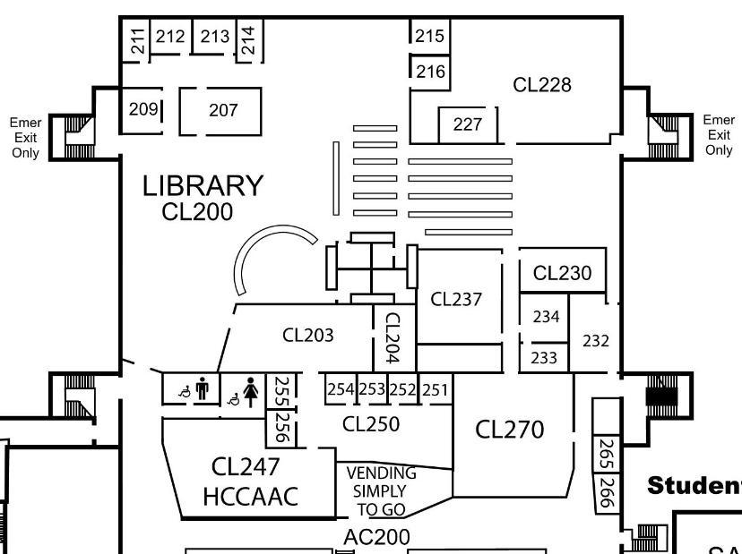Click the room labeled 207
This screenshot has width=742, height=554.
(223, 110)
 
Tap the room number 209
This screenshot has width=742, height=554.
(143, 109)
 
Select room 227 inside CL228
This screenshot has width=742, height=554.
(467, 124)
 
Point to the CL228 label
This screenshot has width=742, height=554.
(541, 85)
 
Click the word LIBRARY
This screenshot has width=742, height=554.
(203, 186)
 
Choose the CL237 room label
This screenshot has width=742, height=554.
(456, 299)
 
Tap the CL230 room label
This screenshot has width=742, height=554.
(562, 274)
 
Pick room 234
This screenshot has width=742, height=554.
(546, 316)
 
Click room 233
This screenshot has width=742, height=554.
(544, 357)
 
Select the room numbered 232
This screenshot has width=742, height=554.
(596, 340)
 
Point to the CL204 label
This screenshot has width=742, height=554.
(391, 337)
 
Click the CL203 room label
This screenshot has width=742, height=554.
(307, 336)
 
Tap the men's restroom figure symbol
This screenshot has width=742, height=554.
(202, 389)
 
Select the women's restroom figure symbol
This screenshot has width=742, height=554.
(251, 391)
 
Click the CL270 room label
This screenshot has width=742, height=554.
(509, 430)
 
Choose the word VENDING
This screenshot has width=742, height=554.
(381, 473)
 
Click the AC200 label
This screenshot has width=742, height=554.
(376, 537)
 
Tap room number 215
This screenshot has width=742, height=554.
(430, 36)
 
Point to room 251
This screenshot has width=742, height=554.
(435, 389)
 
